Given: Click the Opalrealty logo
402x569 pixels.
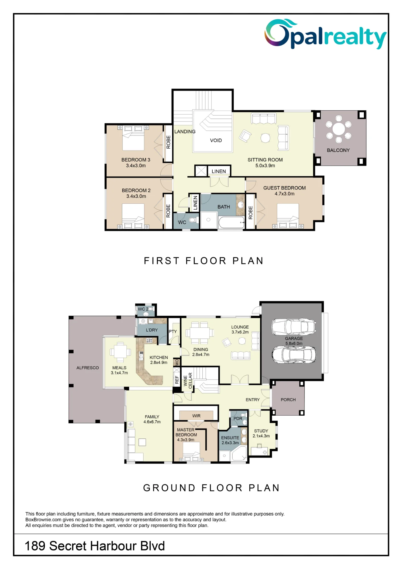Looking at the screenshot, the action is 325,34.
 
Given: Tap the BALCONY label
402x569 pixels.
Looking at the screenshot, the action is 338,150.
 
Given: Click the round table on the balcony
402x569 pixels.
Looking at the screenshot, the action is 339,129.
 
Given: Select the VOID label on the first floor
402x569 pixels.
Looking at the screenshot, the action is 216,141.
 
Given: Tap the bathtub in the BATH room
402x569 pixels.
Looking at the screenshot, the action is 231,222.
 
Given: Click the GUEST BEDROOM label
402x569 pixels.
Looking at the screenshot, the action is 284,188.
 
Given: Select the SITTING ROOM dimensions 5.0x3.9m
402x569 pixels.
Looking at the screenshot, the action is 265,166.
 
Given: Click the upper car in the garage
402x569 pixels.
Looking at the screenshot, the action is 294,327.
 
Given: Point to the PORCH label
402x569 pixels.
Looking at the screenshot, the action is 288,400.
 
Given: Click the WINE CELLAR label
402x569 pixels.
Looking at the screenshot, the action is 188,380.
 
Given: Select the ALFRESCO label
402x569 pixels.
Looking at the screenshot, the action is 88,368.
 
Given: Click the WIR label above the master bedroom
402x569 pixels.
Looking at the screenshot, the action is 196,416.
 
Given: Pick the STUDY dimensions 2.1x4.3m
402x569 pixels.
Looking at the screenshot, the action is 261,436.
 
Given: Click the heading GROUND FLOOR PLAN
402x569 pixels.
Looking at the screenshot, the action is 212,488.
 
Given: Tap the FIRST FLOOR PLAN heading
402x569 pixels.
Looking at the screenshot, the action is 204,261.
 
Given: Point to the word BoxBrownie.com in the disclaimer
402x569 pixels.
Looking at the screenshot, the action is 43,520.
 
